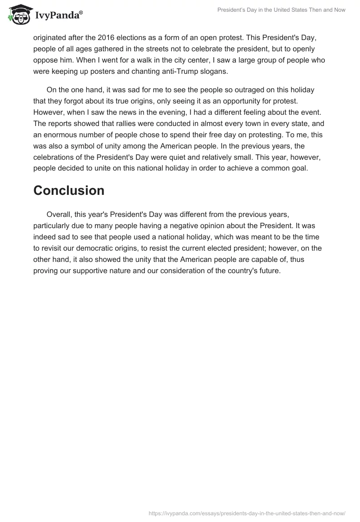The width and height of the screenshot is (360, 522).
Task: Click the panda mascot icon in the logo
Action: click(18, 14)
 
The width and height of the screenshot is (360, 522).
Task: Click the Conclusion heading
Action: click(69, 190)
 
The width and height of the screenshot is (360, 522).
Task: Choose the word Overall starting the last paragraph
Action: click(61, 215)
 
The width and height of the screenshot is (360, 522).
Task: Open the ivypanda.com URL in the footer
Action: click(247, 512)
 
